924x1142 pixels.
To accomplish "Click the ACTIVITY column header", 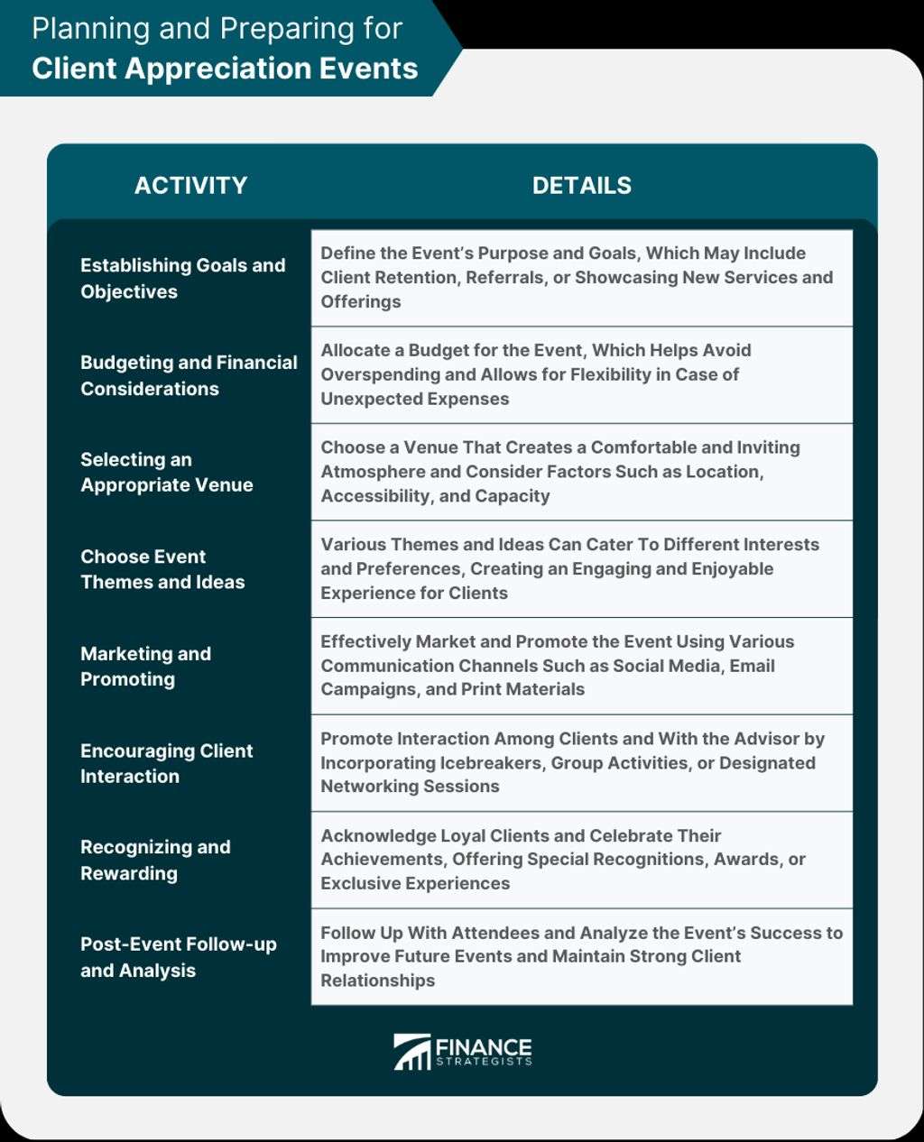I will [x=190, y=186].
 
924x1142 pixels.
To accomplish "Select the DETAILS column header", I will [x=581, y=186].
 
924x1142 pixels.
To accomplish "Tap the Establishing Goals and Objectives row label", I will [x=182, y=278].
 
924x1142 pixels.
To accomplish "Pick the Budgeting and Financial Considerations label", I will [x=189, y=375].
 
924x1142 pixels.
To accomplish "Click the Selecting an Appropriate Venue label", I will [x=166, y=472].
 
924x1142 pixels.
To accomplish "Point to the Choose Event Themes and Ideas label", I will [x=162, y=569].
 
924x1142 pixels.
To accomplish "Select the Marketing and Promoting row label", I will [x=145, y=667].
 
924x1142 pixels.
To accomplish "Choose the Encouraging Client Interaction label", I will [x=166, y=763].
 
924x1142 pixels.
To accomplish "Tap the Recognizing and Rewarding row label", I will [x=155, y=860].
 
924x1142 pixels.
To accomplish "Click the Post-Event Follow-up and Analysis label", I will [x=178, y=957].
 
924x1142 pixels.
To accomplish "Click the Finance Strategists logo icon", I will [x=411, y=1052].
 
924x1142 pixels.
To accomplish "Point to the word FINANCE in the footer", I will [x=484, y=1047].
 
